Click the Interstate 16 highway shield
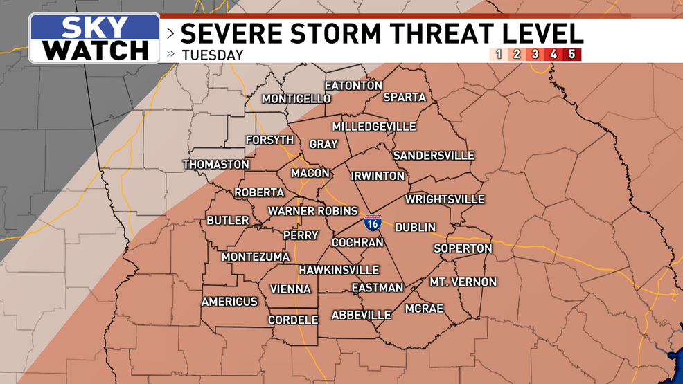click(x=372, y=223)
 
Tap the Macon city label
click(x=310, y=173)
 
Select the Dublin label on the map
click(x=416, y=227)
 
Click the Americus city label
click(x=229, y=302)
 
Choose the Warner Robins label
click(x=313, y=211)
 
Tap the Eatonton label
click(x=353, y=86)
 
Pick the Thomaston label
click(x=215, y=165)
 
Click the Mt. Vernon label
click(x=463, y=282)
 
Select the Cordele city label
click(x=294, y=320)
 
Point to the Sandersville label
click(x=434, y=156)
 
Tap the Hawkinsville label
click(x=339, y=270)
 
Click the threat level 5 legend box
click(x=571, y=54)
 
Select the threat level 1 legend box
click(x=497, y=54)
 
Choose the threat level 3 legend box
click(x=535, y=54)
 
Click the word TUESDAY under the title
click(x=213, y=55)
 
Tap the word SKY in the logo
click(x=96, y=28)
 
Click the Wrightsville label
click(x=445, y=199)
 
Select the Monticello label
click(x=296, y=99)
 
